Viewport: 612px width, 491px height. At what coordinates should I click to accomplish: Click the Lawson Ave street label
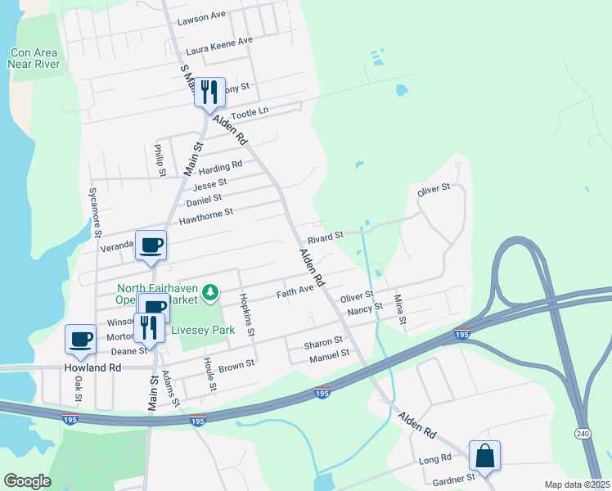[200, 16]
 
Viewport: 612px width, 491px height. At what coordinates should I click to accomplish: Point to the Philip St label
[161, 160]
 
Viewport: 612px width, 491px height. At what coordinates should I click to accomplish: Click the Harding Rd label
[221, 165]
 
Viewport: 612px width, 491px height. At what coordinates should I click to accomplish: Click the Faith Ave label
[295, 291]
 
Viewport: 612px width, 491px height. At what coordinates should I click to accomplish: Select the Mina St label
[400, 309]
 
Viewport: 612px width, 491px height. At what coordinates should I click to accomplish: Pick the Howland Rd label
[92, 368]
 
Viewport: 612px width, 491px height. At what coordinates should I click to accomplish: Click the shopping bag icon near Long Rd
[484, 456]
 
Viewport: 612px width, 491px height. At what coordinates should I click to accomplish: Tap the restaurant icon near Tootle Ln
[209, 92]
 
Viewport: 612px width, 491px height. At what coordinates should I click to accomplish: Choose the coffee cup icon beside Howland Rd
[80, 339]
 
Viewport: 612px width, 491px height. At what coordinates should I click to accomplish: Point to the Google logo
[27, 481]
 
